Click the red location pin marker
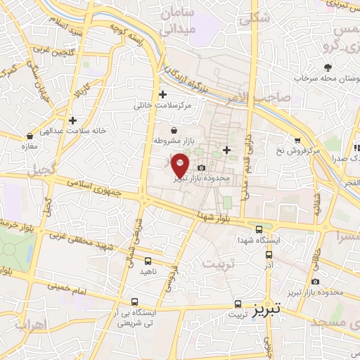coord(181,165)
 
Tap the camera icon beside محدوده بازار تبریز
coord(202,167)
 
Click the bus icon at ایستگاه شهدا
coord(259,229)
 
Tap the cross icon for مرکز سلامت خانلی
coord(163,94)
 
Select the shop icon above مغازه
coord(30,136)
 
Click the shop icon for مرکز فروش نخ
coord(298,139)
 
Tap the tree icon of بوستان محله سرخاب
coord(328,67)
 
